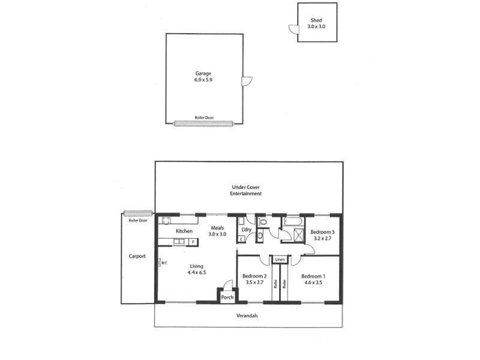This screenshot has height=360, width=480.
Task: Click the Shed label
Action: (317, 20)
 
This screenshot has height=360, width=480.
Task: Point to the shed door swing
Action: (293, 28)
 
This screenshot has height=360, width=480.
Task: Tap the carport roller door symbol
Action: (137, 212)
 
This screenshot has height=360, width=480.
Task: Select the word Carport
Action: (137, 256)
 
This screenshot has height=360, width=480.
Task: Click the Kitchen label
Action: (184, 231)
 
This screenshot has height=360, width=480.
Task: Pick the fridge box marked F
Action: (192, 242)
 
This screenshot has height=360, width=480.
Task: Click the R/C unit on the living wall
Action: (160, 262)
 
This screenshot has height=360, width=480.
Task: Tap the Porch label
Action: (227, 297)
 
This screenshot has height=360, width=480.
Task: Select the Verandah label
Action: (247, 316)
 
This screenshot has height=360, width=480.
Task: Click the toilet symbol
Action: (261, 223)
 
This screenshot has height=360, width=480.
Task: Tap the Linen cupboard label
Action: (280, 260)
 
